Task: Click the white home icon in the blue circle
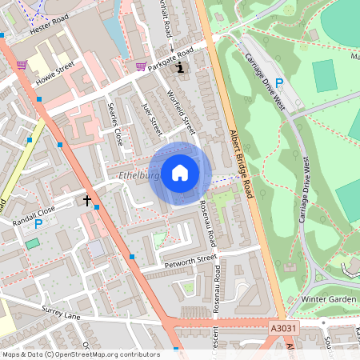click(x=179, y=173)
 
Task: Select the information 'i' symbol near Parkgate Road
click(x=180, y=67)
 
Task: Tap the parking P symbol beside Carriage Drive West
click(x=279, y=82)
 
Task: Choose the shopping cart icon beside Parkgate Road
click(x=141, y=66)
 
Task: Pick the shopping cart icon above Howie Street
click(x=22, y=65)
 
